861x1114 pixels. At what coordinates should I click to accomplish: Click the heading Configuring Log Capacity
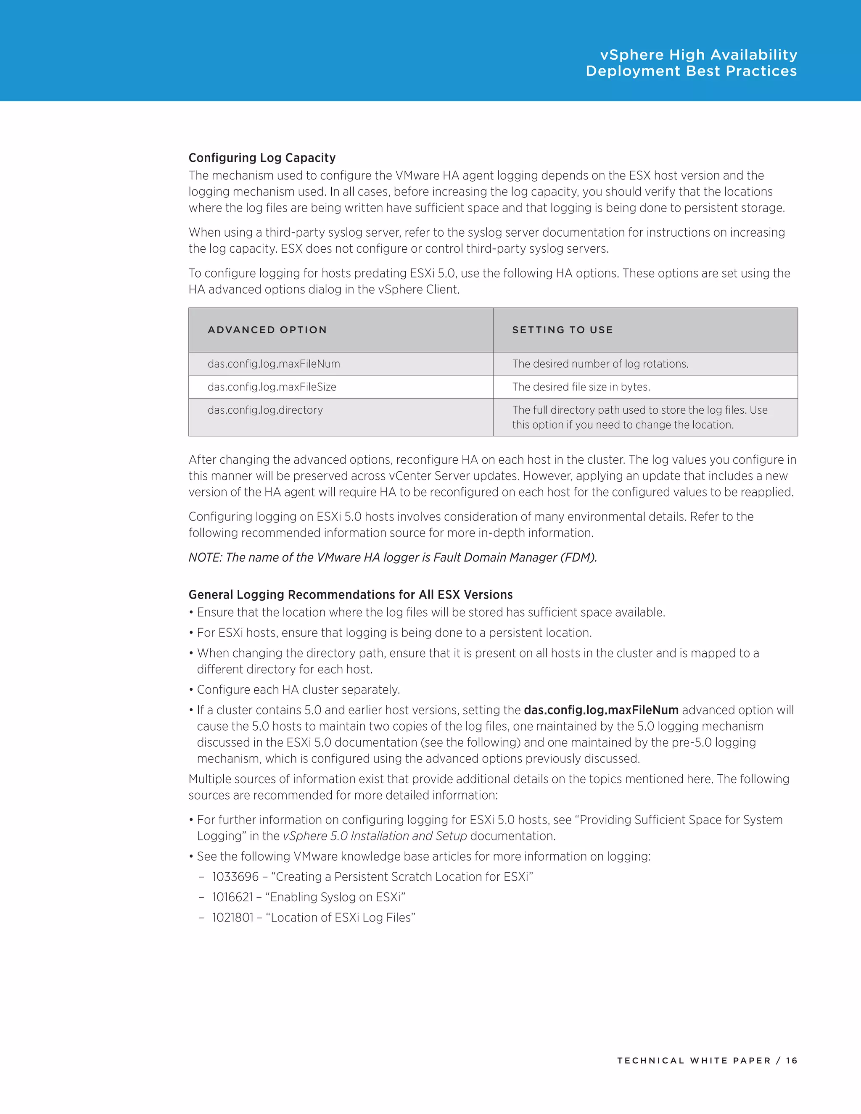261,158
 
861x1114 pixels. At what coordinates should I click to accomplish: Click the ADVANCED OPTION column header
267,330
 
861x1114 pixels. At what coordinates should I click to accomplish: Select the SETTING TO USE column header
562,330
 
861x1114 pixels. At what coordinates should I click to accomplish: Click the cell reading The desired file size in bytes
581,387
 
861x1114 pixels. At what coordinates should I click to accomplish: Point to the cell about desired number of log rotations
600,364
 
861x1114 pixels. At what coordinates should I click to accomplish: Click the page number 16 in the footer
791,1061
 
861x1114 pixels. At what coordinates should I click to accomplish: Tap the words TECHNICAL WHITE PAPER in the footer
694,1061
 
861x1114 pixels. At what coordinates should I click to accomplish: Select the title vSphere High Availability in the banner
698,55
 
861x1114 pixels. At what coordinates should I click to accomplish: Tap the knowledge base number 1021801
232,917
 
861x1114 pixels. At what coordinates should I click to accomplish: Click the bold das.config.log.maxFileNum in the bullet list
601,710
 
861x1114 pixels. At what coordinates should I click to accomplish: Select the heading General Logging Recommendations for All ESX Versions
351,594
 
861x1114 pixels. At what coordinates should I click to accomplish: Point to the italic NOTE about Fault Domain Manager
392,557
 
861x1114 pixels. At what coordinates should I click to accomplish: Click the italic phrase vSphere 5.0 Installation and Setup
375,836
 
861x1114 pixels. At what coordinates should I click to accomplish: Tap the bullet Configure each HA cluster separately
298,689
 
